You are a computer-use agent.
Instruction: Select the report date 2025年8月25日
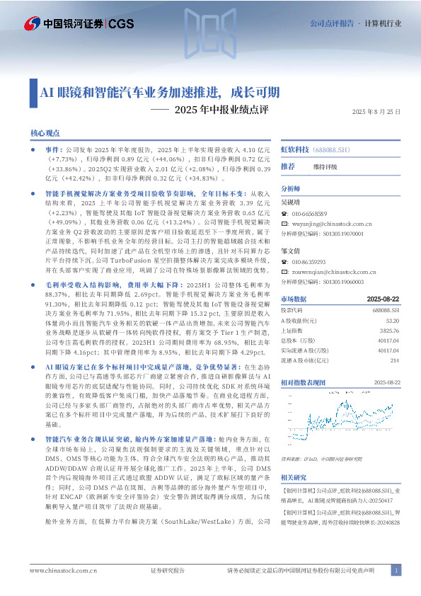[x=376, y=112]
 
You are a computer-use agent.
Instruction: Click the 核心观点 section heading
[x=45, y=133]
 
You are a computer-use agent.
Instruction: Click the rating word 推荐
[x=288, y=167]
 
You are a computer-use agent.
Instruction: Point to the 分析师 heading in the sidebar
[x=291, y=190]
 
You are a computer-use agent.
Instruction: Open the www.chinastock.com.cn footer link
[x=58, y=571]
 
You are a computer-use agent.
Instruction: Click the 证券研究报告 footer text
[x=168, y=571]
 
